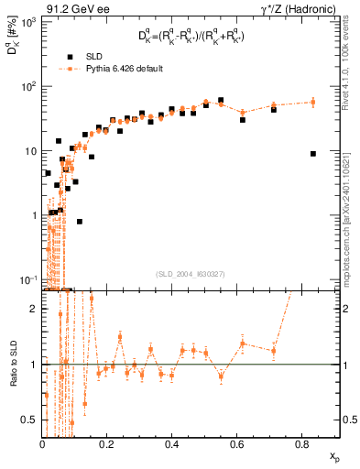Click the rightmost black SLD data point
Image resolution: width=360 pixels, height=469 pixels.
coord(313,154)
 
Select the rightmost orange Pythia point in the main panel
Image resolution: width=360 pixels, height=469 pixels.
coord(313,103)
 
